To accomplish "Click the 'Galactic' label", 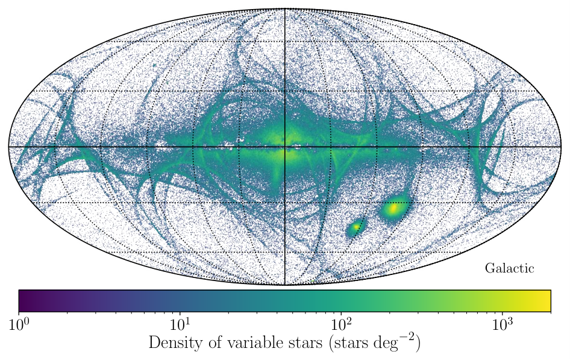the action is coord(509,269).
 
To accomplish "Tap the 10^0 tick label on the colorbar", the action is coord(19,324).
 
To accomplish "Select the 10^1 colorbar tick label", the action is coord(180,324).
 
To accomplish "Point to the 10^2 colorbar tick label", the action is coord(341,324).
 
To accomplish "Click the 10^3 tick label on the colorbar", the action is coord(503,324).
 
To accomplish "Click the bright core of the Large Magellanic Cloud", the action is coord(393,209).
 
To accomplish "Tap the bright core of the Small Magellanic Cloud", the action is coord(355,227).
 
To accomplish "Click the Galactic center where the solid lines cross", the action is coord(284,147).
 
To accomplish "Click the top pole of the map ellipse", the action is coord(284,8).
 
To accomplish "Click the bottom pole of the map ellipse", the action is coord(284,285).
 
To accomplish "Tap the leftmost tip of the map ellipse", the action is coord(8,147).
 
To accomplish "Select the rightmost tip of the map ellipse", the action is coord(562,147).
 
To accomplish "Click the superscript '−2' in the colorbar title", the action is coord(407,336).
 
